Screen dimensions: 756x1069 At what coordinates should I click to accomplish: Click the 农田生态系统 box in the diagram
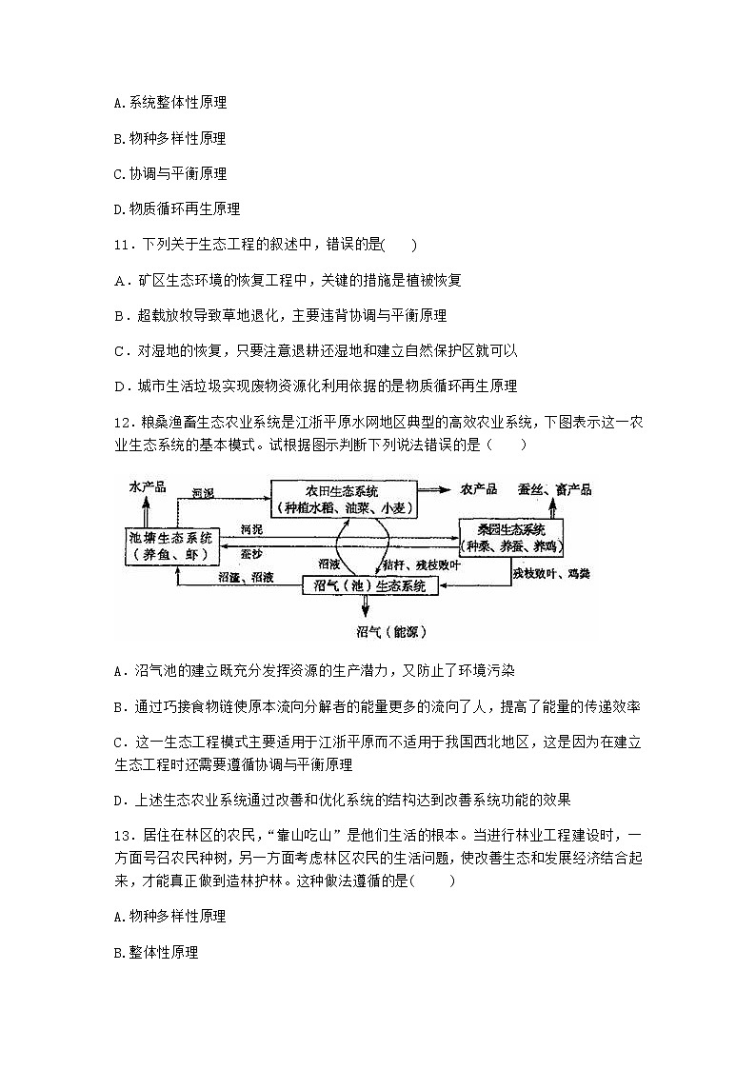pos(343,499)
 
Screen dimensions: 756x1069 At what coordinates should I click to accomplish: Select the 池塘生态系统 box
pos(172,544)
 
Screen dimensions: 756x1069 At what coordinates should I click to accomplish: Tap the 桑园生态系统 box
pos(511,538)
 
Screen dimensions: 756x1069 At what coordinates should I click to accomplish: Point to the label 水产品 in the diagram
pos(147,487)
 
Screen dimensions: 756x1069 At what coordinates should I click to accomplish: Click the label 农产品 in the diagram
pos(478,489)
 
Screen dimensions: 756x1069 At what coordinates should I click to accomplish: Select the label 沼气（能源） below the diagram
pos(385,631)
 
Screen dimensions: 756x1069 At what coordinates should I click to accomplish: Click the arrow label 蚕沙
pos(250,551)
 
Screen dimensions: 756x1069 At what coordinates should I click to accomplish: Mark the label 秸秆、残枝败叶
pos(425,564)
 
